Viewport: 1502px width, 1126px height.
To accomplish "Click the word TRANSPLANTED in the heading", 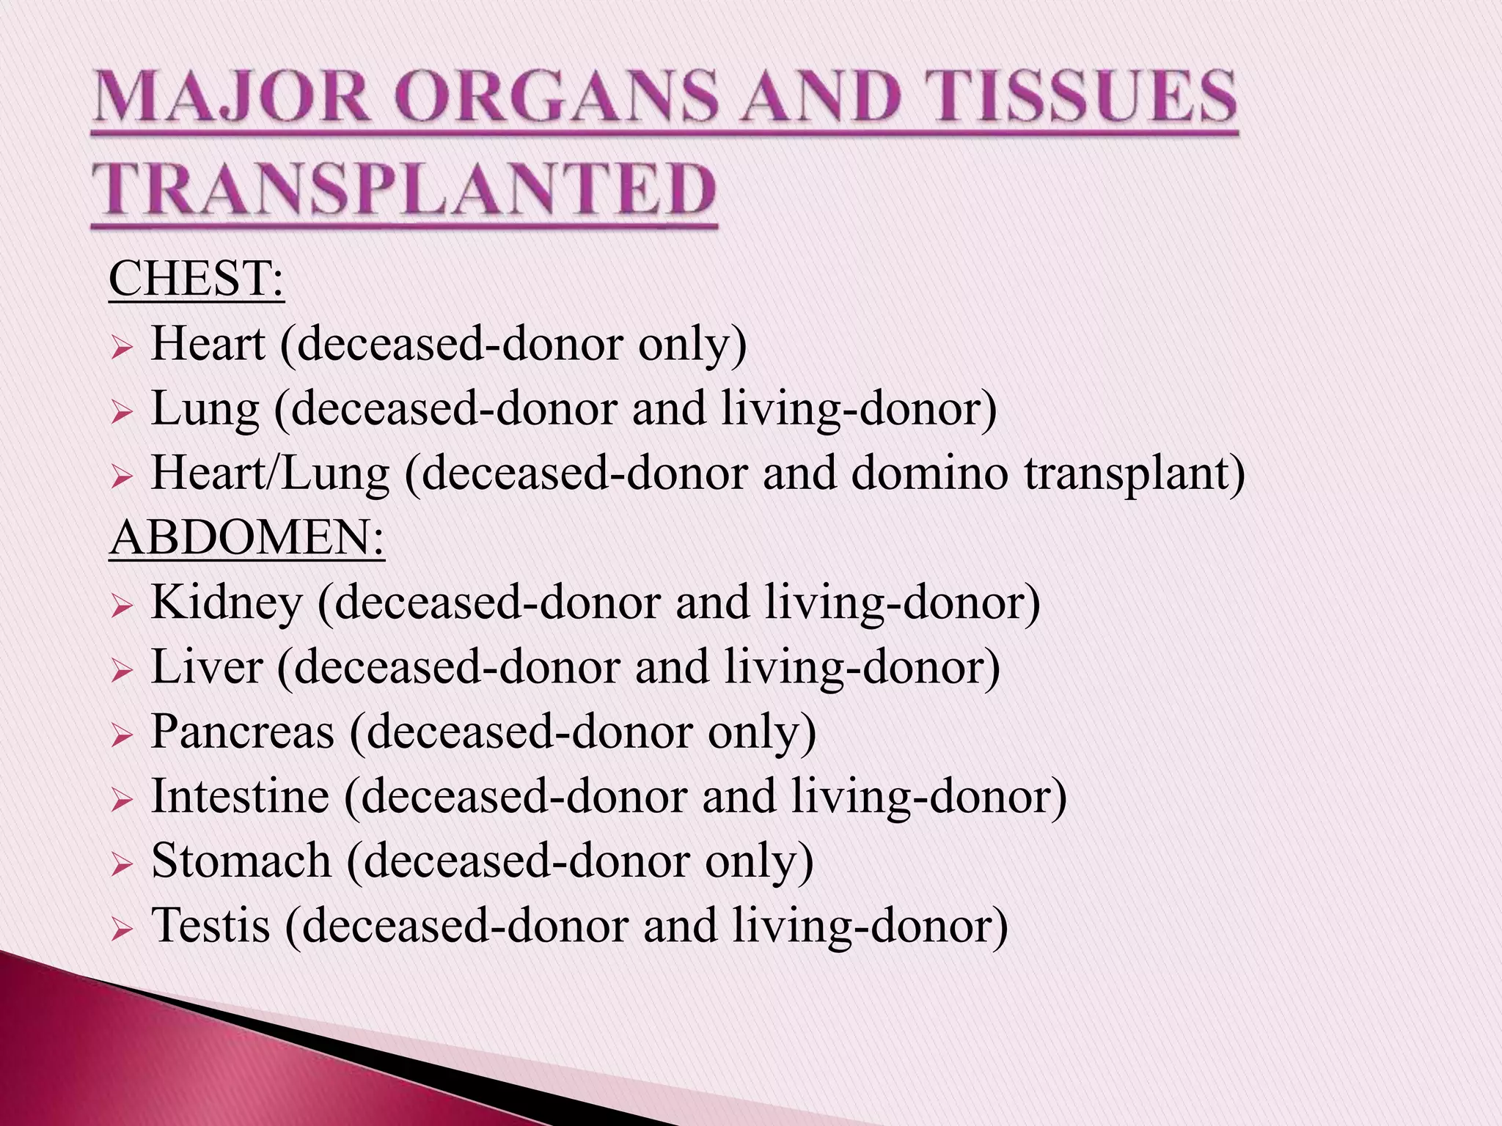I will pos(404,189).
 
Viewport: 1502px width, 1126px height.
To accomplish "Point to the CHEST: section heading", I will pos(196,279).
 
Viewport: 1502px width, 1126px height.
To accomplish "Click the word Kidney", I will pos(227,603).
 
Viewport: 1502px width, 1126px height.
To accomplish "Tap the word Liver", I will pos(207,667).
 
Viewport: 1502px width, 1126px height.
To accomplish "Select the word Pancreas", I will pos(243,732).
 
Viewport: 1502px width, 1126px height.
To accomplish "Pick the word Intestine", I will pos(241,796).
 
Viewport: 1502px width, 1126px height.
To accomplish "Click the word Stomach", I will pos(241,861).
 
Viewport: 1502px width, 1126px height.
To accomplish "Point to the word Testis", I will pos(210,925).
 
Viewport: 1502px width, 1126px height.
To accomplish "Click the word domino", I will pos(929,474).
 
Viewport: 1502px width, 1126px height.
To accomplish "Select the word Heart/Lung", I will pos(270,474).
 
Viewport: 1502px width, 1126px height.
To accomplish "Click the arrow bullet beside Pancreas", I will pos(121,735).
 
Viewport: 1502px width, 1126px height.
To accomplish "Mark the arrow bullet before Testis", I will pos(121,929).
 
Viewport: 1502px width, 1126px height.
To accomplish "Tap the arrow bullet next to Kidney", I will pos(121,606).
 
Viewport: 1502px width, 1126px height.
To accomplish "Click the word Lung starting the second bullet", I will pos(205,410).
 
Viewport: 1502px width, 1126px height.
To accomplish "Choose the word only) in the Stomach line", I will pos(759,861).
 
